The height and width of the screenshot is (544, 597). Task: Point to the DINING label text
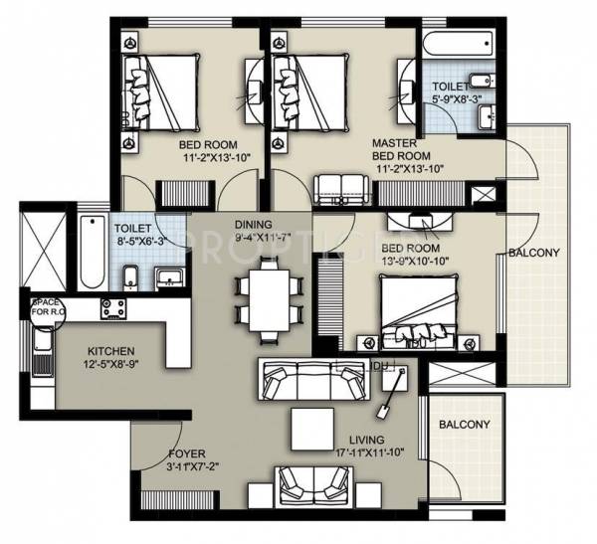253,225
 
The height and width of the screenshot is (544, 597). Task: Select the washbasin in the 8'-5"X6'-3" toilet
168,275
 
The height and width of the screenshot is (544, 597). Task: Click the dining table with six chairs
268,296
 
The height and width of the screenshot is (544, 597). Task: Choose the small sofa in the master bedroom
338,187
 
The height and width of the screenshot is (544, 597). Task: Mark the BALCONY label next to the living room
464,425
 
